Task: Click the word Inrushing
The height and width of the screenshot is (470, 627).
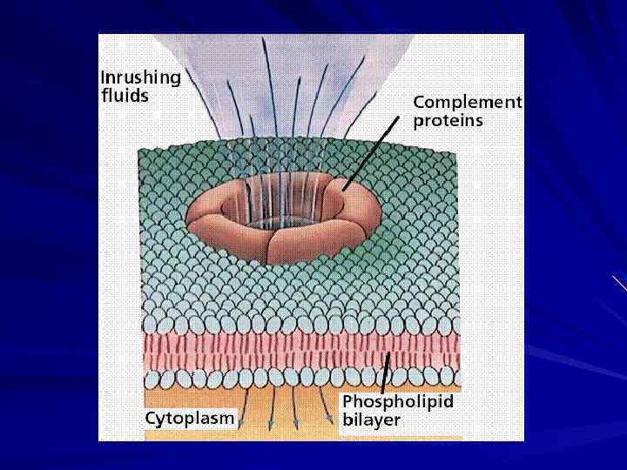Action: pos(141,78)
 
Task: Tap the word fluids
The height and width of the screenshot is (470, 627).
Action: pos(125,96)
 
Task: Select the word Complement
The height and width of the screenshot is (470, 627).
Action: pos(468,103)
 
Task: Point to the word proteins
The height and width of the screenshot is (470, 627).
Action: pos(448,121)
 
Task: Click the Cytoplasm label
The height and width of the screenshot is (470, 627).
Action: pos(190,418)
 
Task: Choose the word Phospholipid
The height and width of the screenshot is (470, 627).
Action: pos(398,402)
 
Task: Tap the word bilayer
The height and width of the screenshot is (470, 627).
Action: pos(372,420)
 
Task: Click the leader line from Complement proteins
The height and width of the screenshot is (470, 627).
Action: pos(366,158)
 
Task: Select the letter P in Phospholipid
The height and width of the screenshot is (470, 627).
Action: pos(347,402)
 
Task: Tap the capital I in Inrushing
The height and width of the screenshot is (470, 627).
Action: pos(104,78)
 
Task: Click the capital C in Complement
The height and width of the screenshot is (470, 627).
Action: pos(419,103)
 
